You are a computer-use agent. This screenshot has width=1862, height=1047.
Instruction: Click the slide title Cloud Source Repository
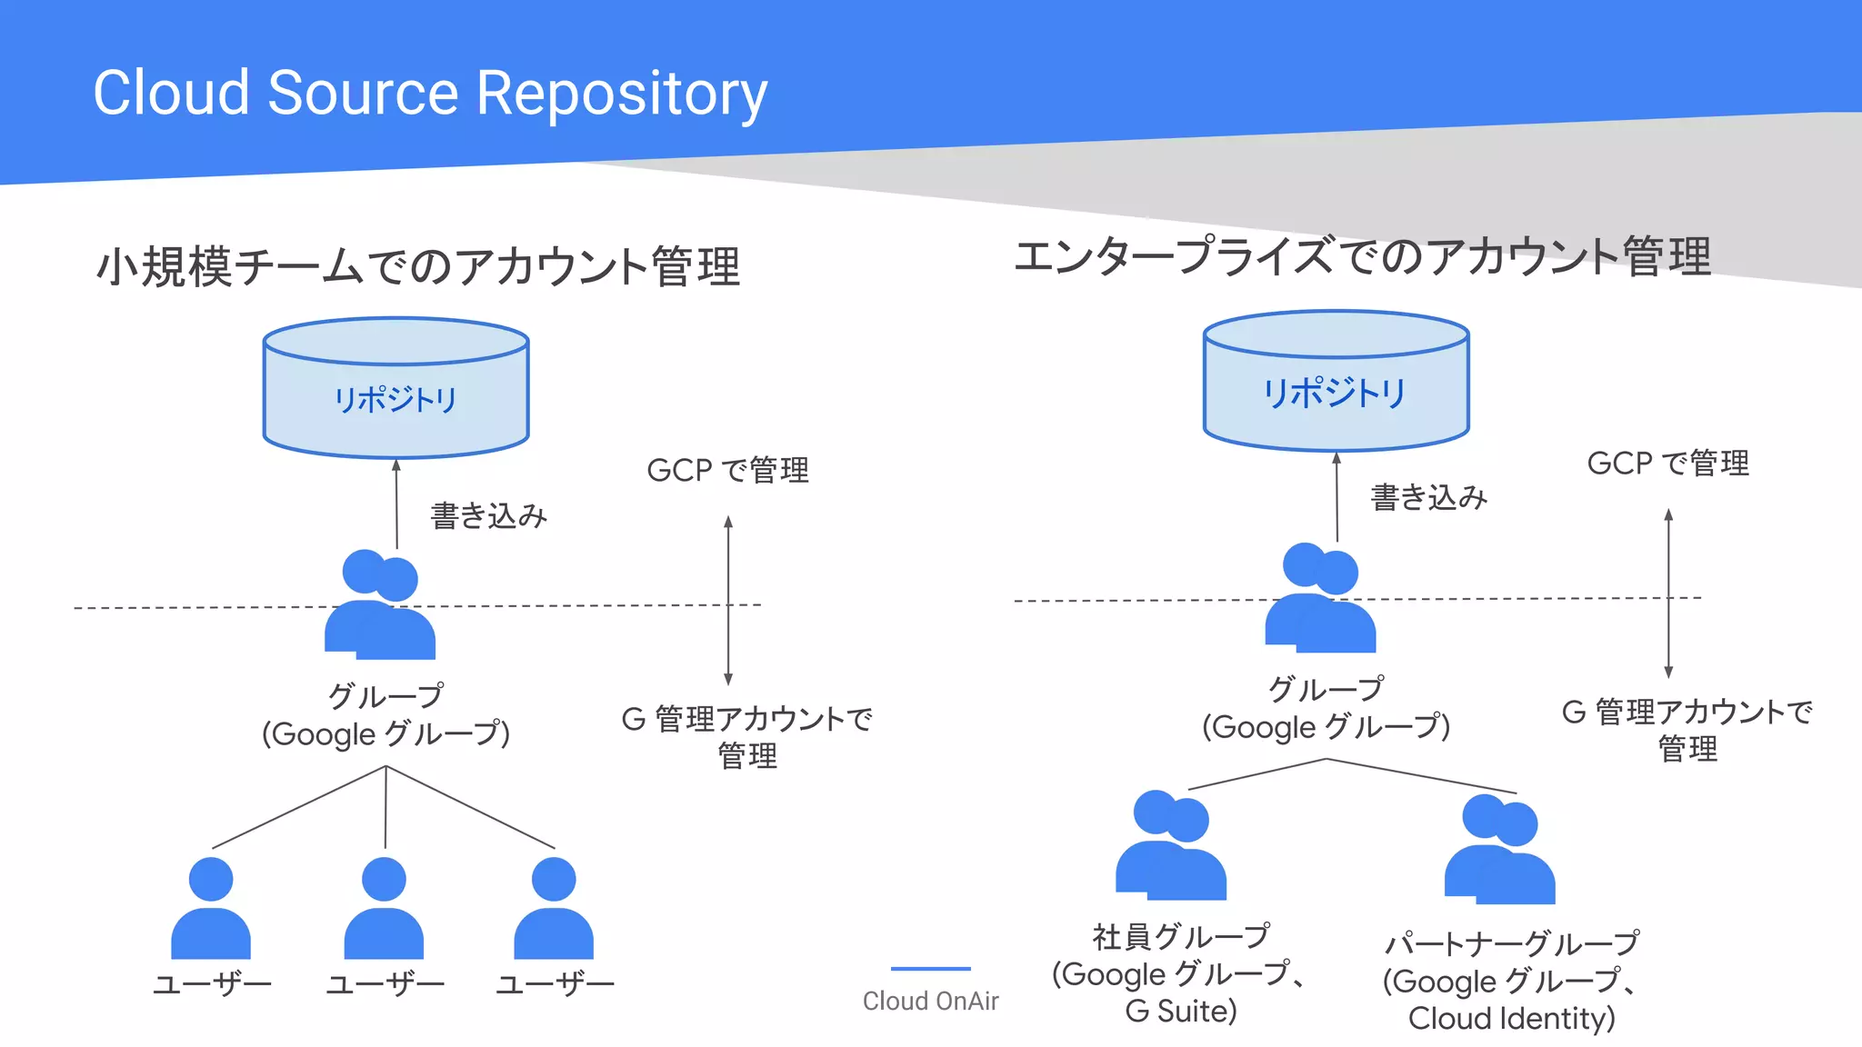430,93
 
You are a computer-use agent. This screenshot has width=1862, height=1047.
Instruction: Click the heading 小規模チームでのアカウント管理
418,267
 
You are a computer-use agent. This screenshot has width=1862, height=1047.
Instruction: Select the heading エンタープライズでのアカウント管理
1362,256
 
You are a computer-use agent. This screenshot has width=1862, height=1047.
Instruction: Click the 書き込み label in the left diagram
488,516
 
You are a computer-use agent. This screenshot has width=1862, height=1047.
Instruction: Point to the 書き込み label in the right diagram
1428,497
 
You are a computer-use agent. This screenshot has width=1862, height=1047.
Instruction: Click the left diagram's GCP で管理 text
727,470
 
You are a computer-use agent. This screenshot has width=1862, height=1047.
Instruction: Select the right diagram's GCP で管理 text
1667,464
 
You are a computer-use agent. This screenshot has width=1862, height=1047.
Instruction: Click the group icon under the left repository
380,606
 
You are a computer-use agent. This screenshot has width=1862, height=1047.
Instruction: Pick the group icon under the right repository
1320,600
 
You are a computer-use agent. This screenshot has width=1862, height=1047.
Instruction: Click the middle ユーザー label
385,984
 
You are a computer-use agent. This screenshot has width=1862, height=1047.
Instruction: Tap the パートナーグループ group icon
1500,851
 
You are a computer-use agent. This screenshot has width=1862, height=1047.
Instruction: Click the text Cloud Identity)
1511,1019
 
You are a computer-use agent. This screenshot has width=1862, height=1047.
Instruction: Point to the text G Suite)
1180,1012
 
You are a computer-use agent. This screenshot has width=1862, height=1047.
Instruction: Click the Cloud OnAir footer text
930,1001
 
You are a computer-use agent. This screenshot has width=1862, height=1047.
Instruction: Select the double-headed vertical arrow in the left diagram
728,600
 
